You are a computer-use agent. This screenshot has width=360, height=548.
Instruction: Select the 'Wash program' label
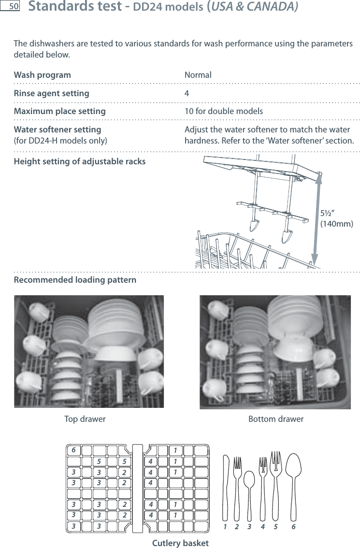(x=42, y=75)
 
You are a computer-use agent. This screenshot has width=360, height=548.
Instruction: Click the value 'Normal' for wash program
(x=198, y=75)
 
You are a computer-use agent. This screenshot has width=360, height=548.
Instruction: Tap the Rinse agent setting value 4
(x=187, y=93)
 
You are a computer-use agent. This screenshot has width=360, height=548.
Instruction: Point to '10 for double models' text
(x=224, y=111)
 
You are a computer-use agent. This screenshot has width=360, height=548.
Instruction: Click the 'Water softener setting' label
(x=58, y=130)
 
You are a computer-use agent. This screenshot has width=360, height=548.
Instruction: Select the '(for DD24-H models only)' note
(x=61, y=141)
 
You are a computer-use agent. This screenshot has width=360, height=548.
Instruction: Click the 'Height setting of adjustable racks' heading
(x=80, y=161)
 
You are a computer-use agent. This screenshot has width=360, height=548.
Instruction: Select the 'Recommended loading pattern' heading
(x=75, y=280)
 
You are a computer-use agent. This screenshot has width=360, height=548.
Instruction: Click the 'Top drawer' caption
(x=85, y=419)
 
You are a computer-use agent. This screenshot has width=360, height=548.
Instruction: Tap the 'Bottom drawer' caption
(x=276, y=419)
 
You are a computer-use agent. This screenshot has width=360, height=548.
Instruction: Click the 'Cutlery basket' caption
(x=180, y=543)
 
